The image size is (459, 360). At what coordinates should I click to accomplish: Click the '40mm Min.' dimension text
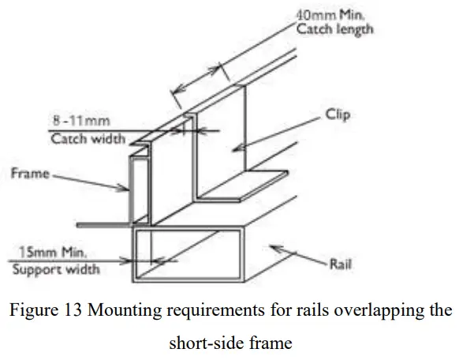pos(324,15)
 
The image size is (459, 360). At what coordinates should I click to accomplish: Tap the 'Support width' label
pos(56,270)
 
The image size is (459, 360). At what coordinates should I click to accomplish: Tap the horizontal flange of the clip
pos(244,186)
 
